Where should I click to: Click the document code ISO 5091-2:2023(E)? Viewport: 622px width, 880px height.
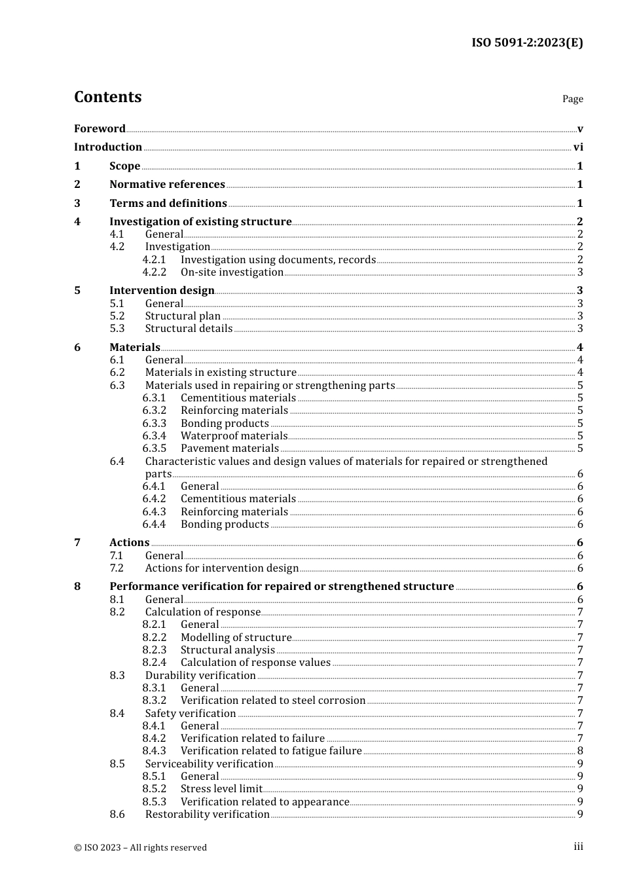[x=527, y=43]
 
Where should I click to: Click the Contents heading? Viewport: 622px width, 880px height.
[x=107, y=97]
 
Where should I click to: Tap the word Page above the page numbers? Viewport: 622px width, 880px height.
[x=572, y=99]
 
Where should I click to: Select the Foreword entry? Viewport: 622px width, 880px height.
[x=100, y=129]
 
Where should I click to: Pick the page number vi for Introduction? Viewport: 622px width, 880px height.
[x=578, y=147]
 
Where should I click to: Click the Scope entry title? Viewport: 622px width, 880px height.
[x=124, y=166]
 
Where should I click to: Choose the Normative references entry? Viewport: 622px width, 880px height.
[x=167, y=185]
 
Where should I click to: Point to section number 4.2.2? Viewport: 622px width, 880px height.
[x=155, y=272]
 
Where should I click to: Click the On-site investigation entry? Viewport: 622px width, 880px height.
[x=232, y=272]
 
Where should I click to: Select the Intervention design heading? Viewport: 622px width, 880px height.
[x=162, y=291]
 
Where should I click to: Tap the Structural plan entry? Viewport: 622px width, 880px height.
[x=183, y=316]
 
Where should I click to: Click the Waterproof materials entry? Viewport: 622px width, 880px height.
[x=234, y=436]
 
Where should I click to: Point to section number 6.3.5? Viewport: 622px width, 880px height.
[x=155, y=449]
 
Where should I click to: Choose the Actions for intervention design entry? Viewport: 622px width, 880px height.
[x=221, y=568]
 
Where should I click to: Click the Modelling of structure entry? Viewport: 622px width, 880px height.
[x=236, y=638]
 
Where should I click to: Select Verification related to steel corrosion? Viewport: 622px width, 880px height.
[x=273, y=701]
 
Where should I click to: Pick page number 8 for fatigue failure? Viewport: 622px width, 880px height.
[x=580, y=751]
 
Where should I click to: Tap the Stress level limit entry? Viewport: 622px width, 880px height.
[x=221, y=789]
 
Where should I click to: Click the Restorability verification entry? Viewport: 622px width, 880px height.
[x=207, y=815]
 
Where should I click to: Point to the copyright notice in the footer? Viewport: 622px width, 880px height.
[x=140, y=847]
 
